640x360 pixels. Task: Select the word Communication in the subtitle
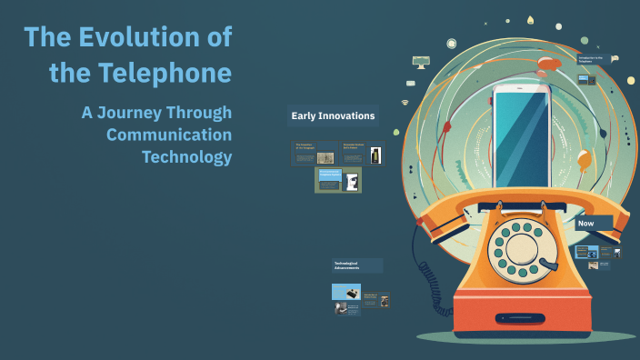[x=169, y=135]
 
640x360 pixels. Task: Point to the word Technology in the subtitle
[x=186, y=156]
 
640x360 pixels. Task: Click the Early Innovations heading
[x=333, y=115]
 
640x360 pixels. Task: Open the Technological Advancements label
[x=356, y=265]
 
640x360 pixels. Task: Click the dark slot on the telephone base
[x=520, y=318]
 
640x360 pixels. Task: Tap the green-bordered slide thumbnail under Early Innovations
[x=338, y=180]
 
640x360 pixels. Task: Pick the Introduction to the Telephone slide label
[x=595, y=60]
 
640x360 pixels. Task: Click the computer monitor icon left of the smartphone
[x=421, y=62]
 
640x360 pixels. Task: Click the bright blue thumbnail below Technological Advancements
[x=346, y=292]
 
